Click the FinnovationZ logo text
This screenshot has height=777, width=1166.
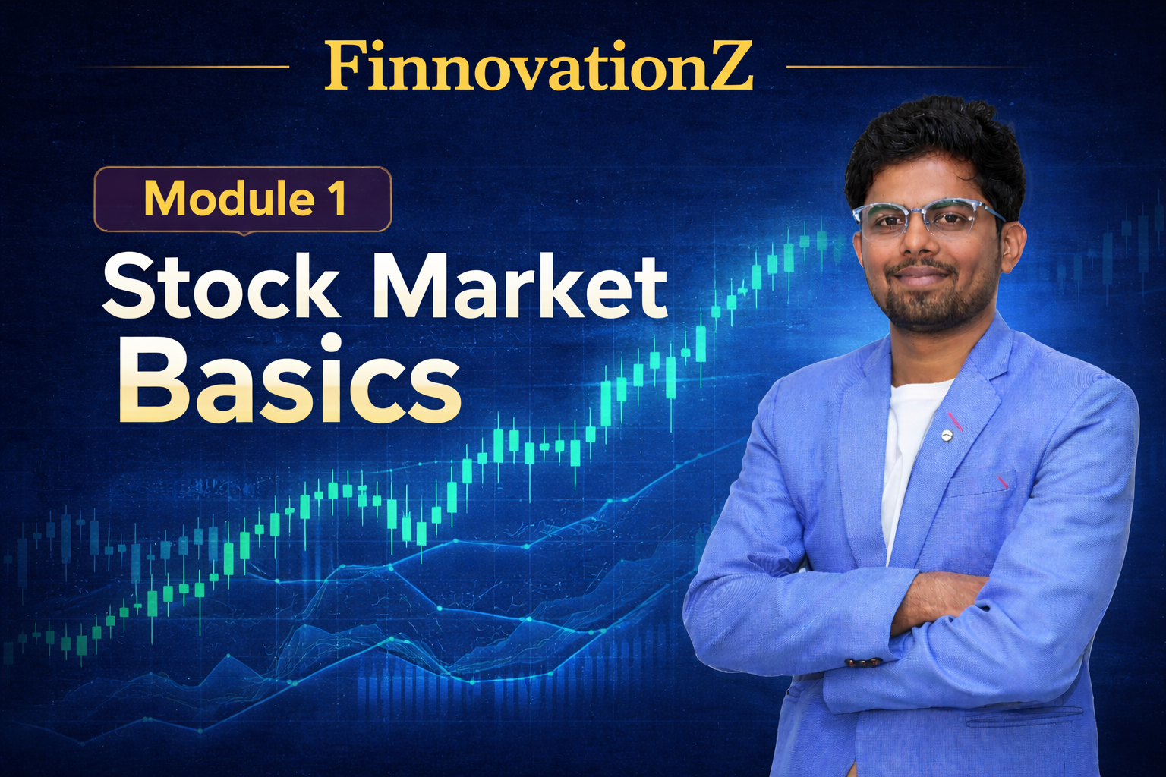coord(538,67)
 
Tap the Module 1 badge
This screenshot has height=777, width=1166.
coord(242,199)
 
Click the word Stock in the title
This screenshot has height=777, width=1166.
coord(221,287)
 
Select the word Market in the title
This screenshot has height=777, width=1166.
coord(519,287)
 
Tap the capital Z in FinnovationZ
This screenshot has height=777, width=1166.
coord(726,67)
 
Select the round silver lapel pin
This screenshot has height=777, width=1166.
coord(947,435)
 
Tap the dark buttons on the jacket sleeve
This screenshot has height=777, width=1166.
coord(864,662)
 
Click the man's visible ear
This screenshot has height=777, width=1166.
coord(1012,243)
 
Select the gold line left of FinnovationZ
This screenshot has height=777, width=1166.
coord(182,67)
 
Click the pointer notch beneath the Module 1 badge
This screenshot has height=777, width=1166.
coord(242,232)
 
